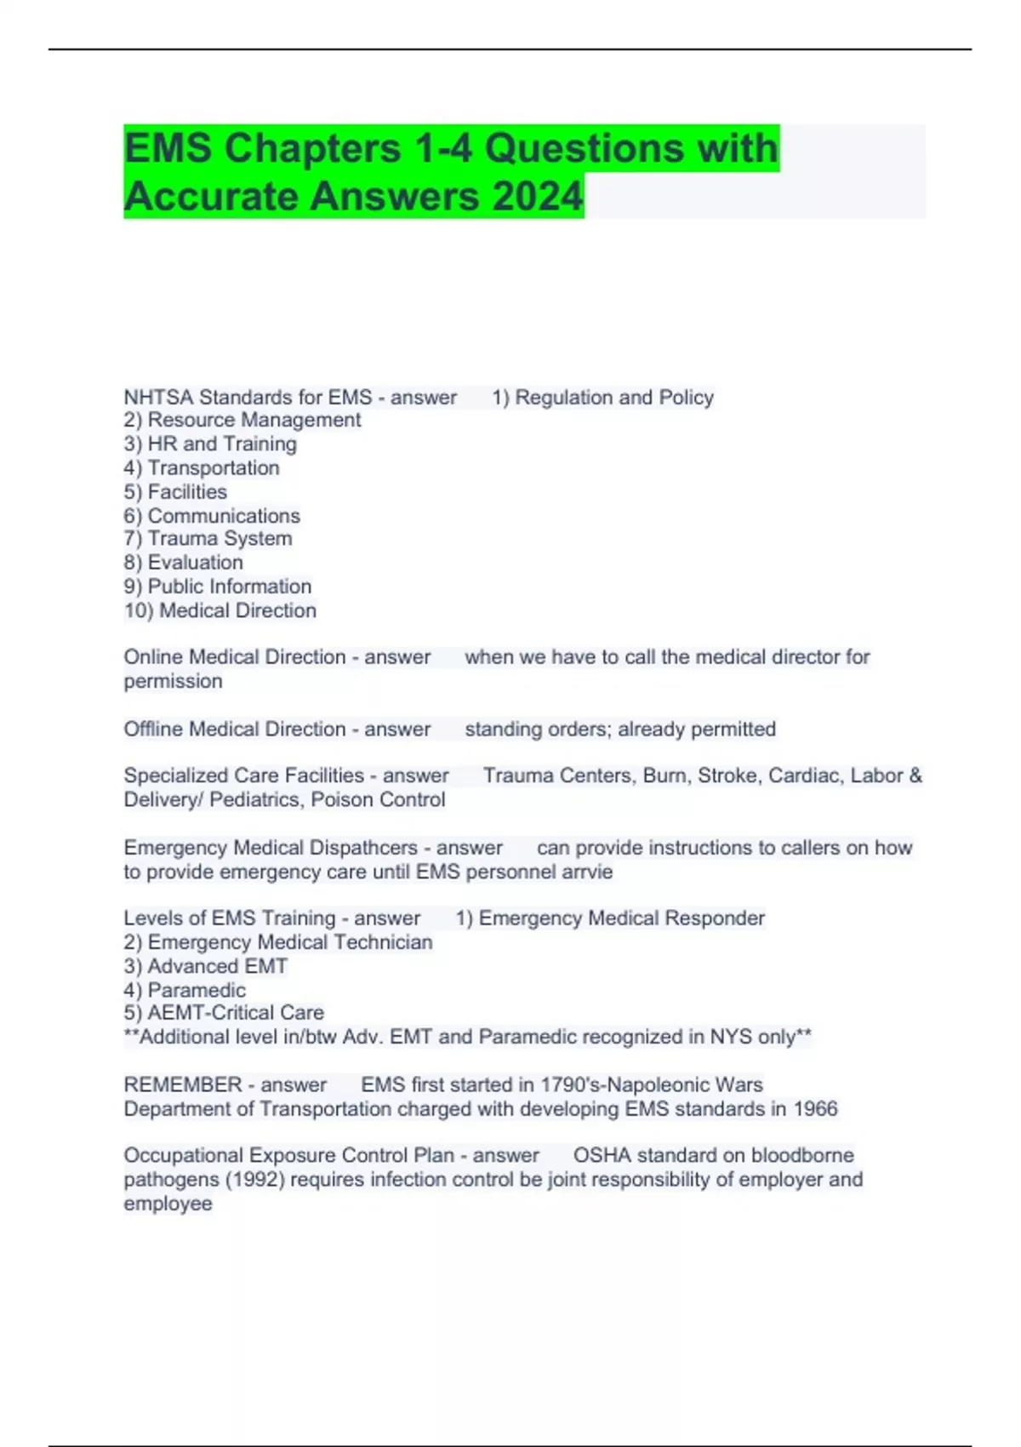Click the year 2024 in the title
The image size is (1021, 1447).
point(537,196)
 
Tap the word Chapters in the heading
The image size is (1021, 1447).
point(312,148)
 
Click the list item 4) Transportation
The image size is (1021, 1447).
point(202,467)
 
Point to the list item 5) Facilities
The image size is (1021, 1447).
point(175,492)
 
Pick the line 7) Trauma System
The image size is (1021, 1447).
point(208,539)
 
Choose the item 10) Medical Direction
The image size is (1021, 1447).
point(220,610)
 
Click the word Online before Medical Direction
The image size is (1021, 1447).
point(153,657)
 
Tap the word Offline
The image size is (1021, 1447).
point(153,729)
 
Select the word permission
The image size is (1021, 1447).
point(173,681)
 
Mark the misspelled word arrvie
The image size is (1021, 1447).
point(589,872)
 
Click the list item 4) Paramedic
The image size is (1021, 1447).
point(185,990)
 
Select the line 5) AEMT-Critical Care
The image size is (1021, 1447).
point(224,1013)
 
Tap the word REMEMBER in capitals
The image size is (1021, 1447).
point(183,1085)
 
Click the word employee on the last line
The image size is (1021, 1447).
point(168,1204)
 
